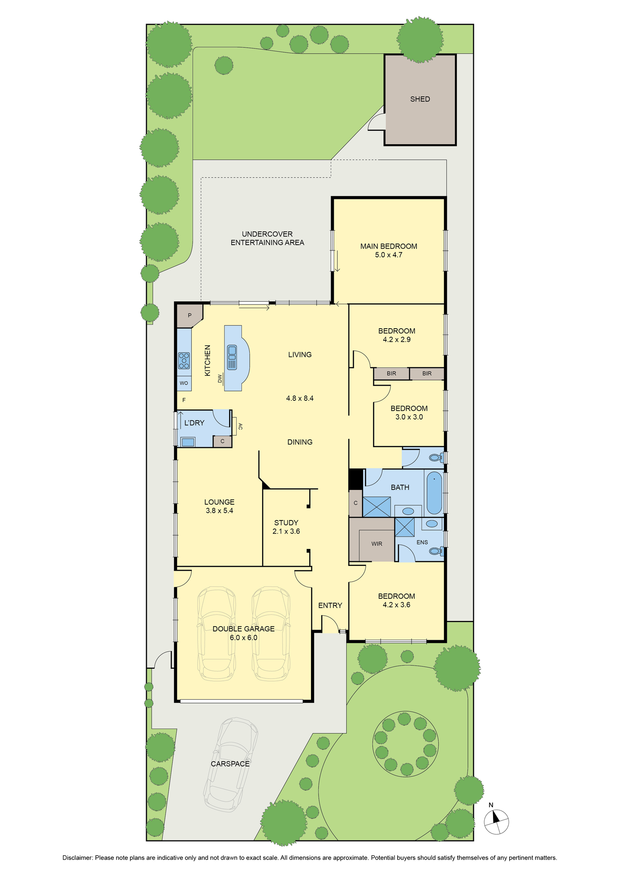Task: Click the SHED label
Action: point(420,99)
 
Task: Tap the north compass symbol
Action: point(497,821)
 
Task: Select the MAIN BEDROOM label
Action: point(388,246)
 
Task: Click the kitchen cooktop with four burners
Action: point(184,361)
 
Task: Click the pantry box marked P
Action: point(189,316)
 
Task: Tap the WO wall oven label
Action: point(184,383)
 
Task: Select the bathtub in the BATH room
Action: point(434,492)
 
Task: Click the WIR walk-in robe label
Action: point(377,544)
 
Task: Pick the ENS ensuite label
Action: point(422,542)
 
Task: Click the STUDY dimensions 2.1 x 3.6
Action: point(286,531)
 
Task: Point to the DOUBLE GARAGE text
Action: point(244,629)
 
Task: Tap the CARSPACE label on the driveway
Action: point(230,764)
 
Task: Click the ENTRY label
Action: point(330,605)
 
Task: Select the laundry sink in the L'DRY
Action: point(188,442)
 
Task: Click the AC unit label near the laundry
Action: point(240,427)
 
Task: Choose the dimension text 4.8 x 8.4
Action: point(300,398)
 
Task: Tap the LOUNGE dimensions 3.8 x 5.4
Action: point(219,510)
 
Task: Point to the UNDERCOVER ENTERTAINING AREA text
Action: point(267,238)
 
